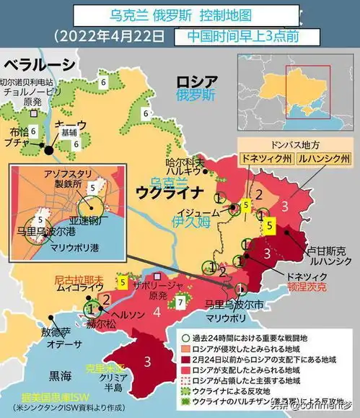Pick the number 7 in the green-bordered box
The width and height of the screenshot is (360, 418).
pos(180,301)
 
